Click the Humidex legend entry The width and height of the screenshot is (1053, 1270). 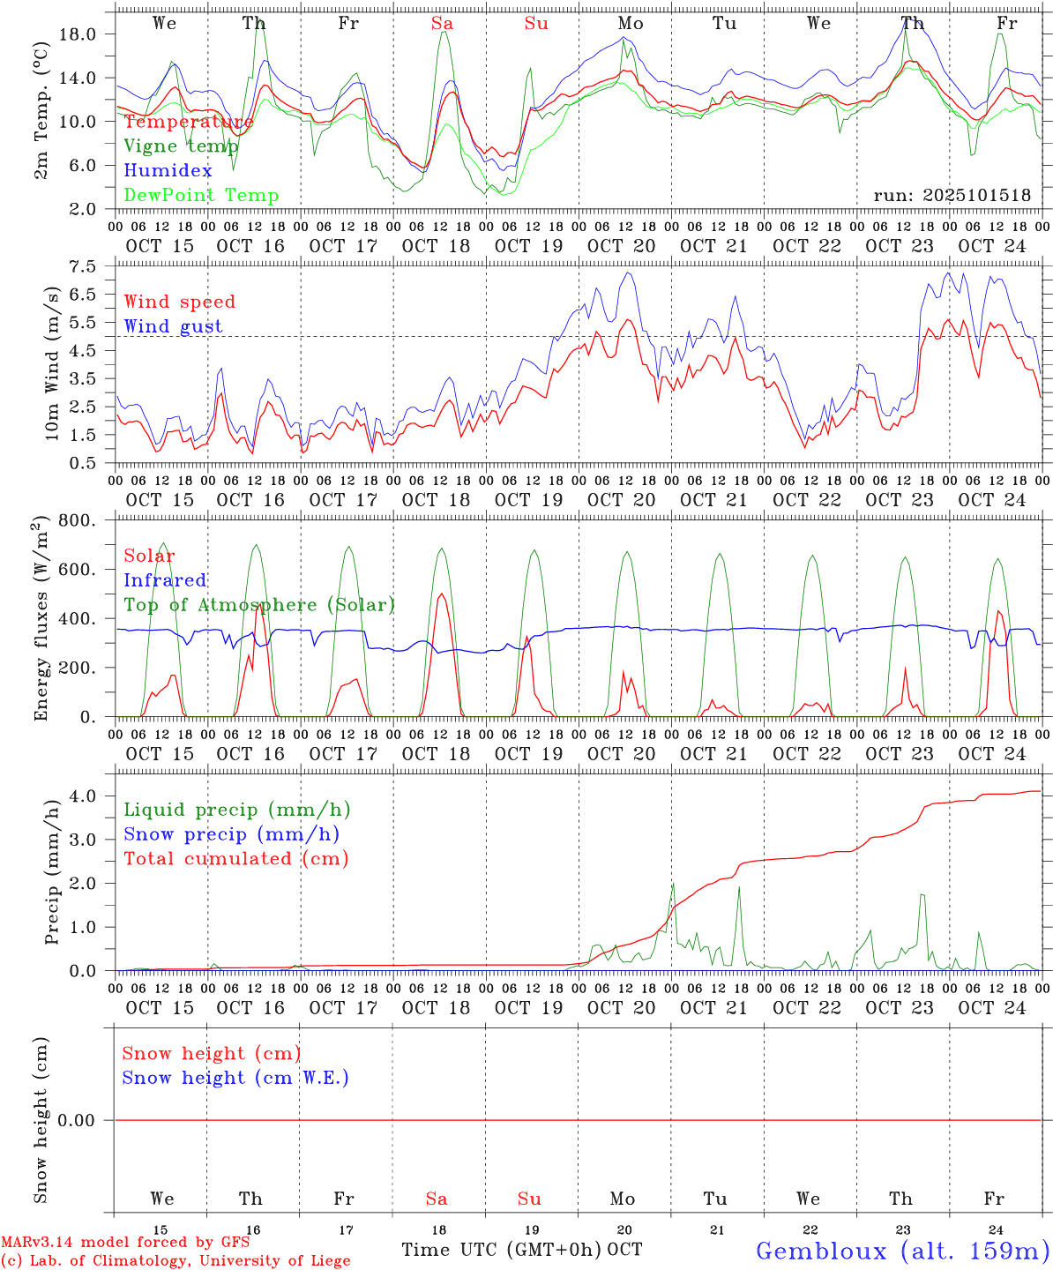pos(168,171)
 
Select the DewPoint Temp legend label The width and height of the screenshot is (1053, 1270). pos(201,196)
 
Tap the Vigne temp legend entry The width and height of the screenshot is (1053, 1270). pos(181,146)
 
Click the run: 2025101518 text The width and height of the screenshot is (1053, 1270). pos(952,196)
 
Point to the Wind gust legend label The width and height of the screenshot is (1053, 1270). pos(173,326)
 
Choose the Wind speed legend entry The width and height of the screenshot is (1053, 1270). pos(180,302)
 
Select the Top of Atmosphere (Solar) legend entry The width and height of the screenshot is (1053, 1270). pos(258,605)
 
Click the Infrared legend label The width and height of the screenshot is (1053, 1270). pos(165,580)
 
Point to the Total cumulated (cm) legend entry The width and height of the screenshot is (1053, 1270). pos(235,859)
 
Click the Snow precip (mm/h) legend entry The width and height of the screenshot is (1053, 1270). pos(231,834)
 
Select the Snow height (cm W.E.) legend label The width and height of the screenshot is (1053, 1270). pos(235,1078)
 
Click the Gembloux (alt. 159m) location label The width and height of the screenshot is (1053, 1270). pos(901,1251)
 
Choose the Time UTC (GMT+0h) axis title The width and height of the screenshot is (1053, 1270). pos(501,1250)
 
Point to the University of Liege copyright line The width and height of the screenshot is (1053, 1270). pos(175,1261)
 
